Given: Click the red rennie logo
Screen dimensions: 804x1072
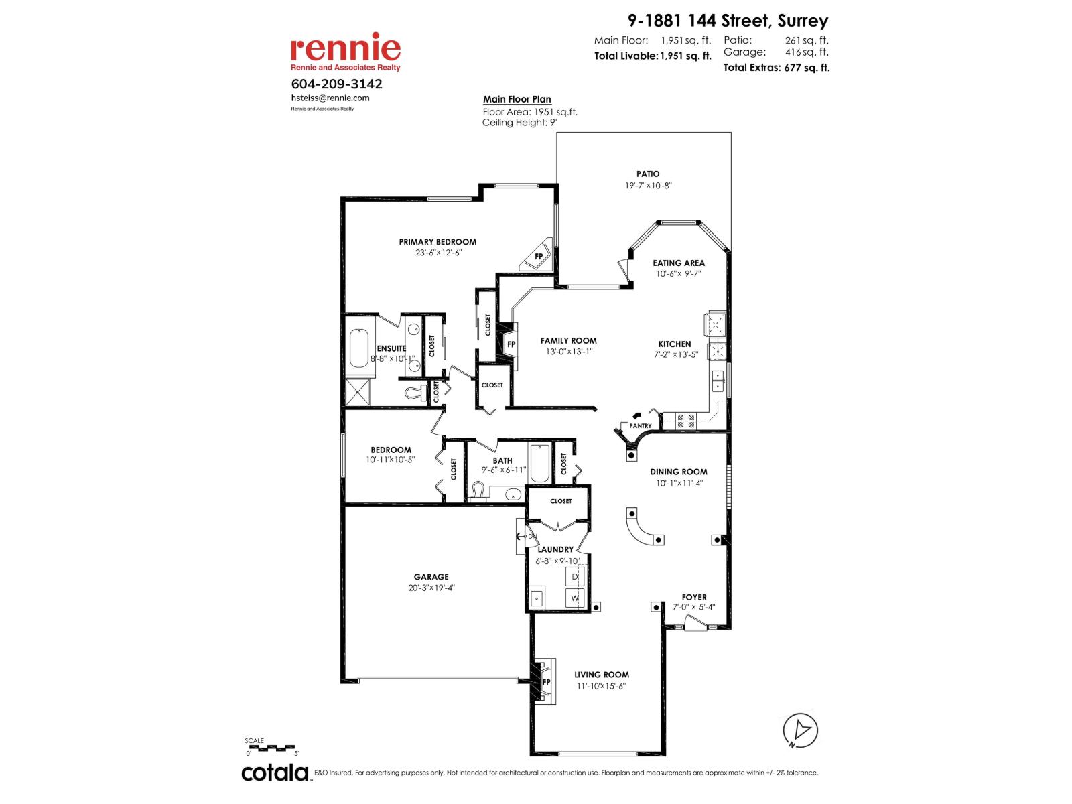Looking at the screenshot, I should pyautogui.click(x=345, y=48).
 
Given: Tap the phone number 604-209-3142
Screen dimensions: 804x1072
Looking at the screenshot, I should pyautogui.click(x=337, y=84).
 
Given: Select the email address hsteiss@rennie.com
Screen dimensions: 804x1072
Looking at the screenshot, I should pyautogui.click(x=330, y=98).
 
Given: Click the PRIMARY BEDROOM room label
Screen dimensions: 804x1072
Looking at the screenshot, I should pyautogui.click(x=438, y=242).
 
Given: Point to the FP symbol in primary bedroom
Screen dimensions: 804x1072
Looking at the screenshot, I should pyautogui.click(x=538, y=256).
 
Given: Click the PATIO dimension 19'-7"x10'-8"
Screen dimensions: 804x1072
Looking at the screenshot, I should pyautogui.click(x=648, y=186).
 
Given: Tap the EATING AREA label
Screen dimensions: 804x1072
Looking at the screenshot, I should pyautogui.click(x=679, y=263).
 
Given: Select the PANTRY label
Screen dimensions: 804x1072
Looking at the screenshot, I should pyautogui.click(x=641, y=426).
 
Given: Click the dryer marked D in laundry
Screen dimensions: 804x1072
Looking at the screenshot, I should pyautogui.click(x=575, y=576).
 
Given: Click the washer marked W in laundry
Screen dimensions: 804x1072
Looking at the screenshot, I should pyautogui.click(x=575, y=598).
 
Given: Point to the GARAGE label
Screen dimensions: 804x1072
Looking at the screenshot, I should pyautogui.click(x=431, y=576).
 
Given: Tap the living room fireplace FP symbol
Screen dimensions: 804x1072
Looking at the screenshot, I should pyautogui.click(x=545, y=682).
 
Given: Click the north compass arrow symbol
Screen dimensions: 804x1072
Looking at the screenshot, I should pyautogui.click(x=801, y=730).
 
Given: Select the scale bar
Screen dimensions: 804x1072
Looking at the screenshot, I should pyautogui.click(x=270, y=746).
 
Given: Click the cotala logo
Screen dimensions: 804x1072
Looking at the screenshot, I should pyautogui.click(x=275, y=773).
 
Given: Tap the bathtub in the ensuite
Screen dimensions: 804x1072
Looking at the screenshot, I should pyautogui.click(x=360, y=347).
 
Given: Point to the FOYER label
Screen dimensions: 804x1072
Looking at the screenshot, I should pyautogui.click(x=694, y=597).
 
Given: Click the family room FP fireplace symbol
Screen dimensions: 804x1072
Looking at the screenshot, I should pyautogui.click(x=511, y=344).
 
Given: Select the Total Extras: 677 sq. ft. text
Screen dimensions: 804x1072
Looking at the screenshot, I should pyautogui.click(x=776, y=68).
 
